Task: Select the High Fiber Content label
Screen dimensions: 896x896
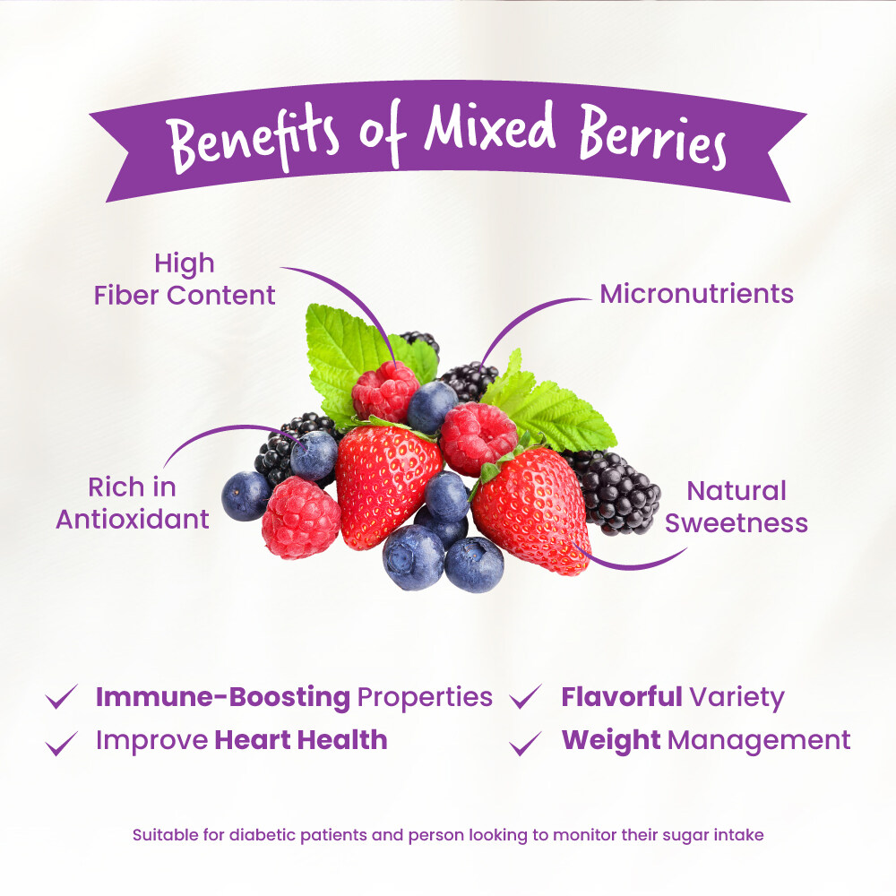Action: [185, 279]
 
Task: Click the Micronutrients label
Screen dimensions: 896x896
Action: [696, 293]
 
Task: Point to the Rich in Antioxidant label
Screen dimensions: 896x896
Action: [133, 503]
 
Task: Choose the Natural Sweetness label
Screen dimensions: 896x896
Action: [736, 506]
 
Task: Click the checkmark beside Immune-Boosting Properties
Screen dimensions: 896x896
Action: [62, 697]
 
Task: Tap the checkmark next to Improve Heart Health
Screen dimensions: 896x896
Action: [62, 742]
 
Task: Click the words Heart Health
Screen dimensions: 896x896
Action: [301, 740]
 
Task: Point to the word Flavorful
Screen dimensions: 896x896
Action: [622, 696]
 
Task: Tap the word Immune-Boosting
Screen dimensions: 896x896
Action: [222, 696]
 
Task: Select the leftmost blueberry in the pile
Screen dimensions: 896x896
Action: [245, 495]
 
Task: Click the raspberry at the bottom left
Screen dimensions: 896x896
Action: [300, 518]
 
